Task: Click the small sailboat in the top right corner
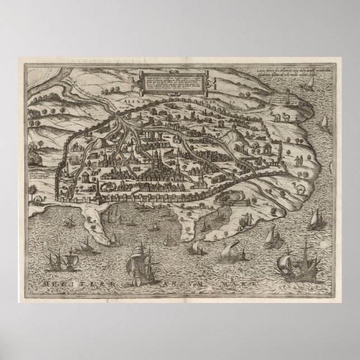308,86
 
